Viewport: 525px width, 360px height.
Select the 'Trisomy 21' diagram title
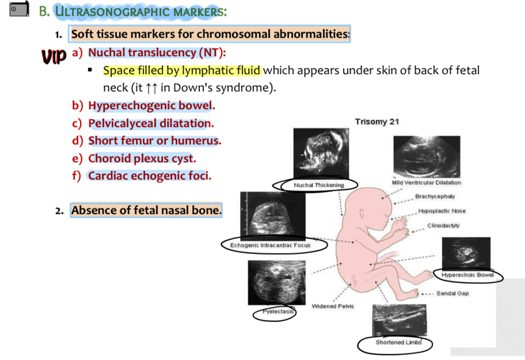376,122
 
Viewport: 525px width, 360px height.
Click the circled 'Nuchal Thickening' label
318,185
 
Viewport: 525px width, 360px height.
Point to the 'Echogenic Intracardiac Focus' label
270,245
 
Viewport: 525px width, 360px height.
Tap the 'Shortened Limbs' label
394,343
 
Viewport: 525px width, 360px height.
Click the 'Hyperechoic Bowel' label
467,275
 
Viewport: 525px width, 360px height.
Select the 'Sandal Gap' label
452,293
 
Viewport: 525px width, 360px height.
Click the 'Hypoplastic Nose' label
442,211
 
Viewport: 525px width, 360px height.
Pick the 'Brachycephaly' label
435,196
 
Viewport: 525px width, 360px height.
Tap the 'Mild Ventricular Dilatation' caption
426,183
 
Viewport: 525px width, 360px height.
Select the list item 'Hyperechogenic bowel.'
151,106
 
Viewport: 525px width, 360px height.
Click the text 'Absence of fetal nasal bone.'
146,210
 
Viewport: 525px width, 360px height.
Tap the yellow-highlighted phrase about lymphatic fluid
182,71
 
